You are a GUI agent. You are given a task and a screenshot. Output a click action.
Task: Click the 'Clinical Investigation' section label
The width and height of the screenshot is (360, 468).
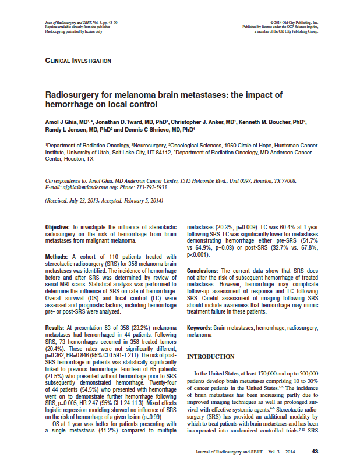click(x=78, y=60)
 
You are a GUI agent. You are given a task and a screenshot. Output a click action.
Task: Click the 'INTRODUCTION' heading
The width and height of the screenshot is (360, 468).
click(x=211, y=356)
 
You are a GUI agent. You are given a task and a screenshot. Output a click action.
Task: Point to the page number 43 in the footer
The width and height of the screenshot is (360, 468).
click(x=315, y=451)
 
